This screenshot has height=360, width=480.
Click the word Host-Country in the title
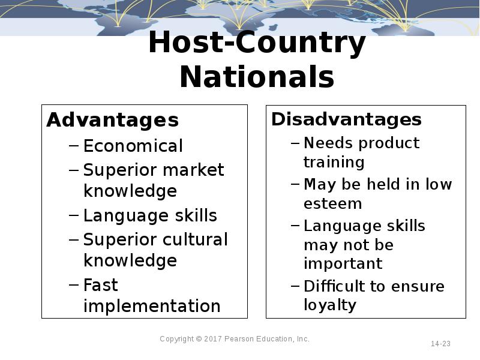click(257, 44)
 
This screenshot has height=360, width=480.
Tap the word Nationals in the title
click(257, 77)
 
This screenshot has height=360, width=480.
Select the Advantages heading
click(112, 120)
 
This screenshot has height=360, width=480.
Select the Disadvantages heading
click(346, 119)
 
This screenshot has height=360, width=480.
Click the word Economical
click(133, 146)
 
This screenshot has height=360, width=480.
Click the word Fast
click(100, 284)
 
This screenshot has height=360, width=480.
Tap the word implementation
click(152, 306)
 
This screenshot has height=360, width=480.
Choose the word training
click(334, 162)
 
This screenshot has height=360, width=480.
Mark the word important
click(343, 263)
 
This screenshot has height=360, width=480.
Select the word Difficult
click(335, 286)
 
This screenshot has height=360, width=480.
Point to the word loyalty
click(330, 305)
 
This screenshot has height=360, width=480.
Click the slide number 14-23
click(440, 344)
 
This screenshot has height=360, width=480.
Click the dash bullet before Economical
click(73, 146)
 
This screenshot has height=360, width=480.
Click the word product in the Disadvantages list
click(389, 143)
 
